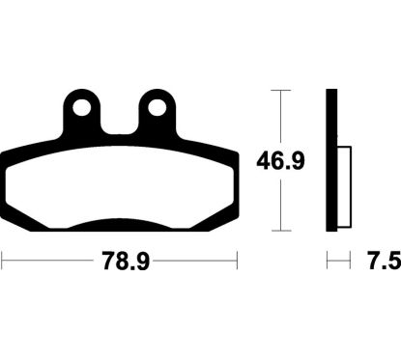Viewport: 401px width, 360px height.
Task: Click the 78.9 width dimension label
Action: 126,261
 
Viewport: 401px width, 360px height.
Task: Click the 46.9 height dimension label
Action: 280,161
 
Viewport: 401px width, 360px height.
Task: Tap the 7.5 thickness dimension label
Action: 385,261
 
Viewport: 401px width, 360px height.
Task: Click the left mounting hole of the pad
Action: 81,108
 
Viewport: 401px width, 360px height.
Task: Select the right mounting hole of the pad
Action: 158,108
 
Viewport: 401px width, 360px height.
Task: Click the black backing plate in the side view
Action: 331,160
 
